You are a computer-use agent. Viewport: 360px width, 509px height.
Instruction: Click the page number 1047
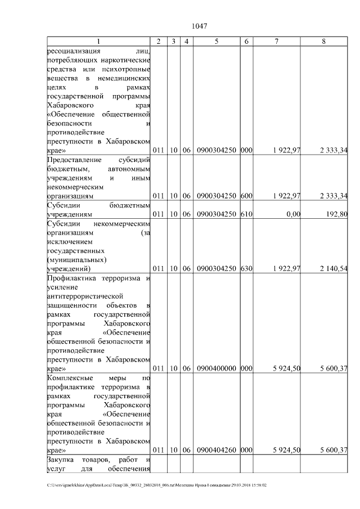200,26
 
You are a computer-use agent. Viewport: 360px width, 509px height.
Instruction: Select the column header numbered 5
216,42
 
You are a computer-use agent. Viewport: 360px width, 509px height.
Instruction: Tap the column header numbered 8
323,42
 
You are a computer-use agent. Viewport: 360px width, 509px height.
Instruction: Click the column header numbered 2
159,42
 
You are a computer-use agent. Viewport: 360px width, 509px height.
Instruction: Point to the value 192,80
336,214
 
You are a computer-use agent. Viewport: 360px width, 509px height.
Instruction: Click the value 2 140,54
331,268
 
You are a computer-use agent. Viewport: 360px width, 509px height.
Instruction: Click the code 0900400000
216,368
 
